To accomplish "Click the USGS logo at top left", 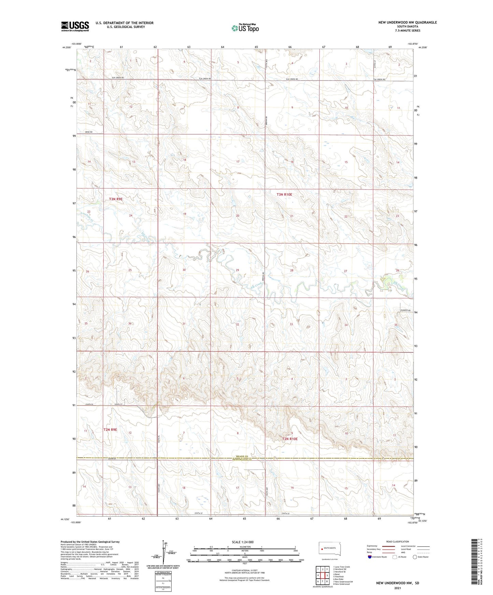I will (x=75, y=26).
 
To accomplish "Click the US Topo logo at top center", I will (x=245, y=28).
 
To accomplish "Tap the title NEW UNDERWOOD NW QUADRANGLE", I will (x=407, y=22).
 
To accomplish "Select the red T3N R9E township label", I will (x=116, y=199).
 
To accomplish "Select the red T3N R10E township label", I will (x=284, y=195).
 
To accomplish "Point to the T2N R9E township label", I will (x=110, y=430).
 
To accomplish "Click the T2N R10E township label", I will (x=290, y=439).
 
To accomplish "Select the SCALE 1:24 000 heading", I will (x=243, y=542).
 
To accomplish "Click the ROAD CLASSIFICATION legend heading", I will (x=397, y=541).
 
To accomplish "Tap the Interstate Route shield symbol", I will (x=370, y=557).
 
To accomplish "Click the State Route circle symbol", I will (x=415, y=557).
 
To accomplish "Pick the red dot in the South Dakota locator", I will (x=322, y=549).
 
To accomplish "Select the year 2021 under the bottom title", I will (x=397, y=588).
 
